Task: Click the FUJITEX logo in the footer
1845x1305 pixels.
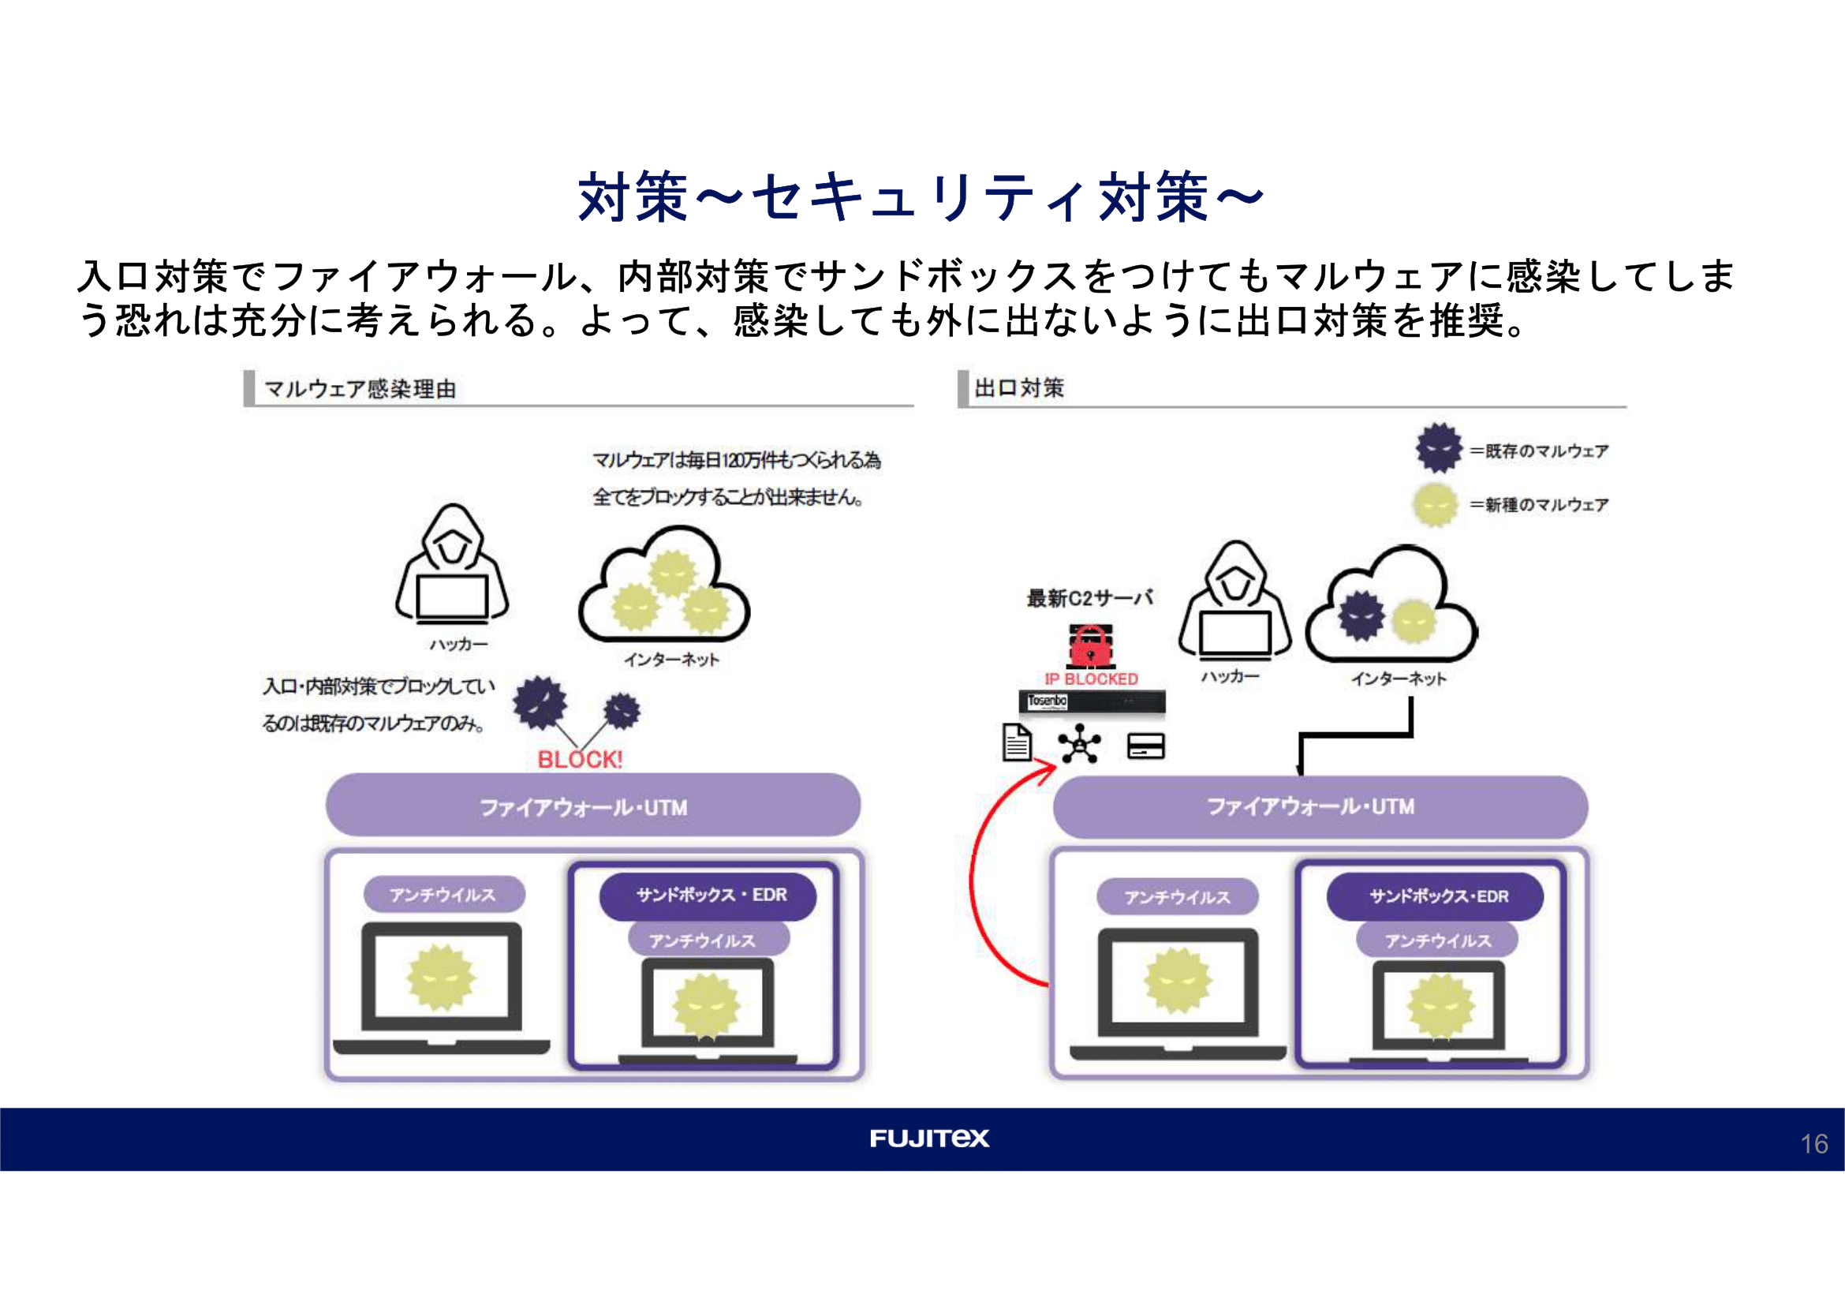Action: [x=929, y=1138]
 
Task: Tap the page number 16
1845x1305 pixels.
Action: [x=1813, y=1143]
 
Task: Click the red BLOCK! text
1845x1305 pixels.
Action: [x=580, y=759]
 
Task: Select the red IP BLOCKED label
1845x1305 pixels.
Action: [x=1090, y=679]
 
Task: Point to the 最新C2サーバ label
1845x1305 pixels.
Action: [x=1089, y=598]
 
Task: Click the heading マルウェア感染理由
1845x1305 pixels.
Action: [x=360, y=390]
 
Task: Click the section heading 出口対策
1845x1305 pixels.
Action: [x=1019, y=388]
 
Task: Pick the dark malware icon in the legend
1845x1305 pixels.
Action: [x=1439, y=448]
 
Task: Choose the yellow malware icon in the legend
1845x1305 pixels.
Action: [x=1435, y=505]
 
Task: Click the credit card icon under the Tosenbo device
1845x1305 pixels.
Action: [x=1146, y=746]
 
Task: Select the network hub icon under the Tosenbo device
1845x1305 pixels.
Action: [x=1079, y=744]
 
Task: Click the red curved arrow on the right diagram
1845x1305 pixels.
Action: [x=977, y=884]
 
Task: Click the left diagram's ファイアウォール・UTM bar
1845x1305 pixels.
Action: [x=592, y=806]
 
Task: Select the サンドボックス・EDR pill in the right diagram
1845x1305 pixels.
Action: [x=1434, y=896]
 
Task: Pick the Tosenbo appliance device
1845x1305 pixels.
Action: [x=1091, y=702]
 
